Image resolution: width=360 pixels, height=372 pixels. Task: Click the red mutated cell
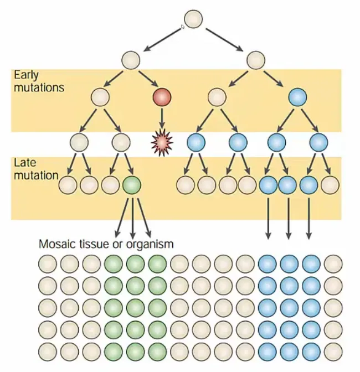(162, 97)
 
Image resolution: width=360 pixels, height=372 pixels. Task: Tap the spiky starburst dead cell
(162, 143)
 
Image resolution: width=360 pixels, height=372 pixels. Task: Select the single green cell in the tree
(132, 185)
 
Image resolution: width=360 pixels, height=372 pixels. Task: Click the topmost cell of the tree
(193, 19)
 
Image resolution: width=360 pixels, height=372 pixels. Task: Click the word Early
(26, 75)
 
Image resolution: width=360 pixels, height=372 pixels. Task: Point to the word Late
(25, 163)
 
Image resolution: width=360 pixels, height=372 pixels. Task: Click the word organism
(150, 245)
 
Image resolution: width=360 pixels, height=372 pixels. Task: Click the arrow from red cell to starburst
(162, 118)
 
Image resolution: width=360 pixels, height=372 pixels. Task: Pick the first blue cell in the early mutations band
(297, 97)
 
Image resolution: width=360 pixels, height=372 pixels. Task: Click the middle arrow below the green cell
(133, 218)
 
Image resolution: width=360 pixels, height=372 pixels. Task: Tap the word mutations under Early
(39, 87)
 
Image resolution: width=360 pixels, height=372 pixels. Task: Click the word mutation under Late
(36, 175)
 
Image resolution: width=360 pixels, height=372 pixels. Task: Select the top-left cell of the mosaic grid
(48, 264)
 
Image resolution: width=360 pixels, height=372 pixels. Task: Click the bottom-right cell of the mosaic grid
(333, 352)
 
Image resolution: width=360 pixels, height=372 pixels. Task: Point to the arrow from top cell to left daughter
(163, 40)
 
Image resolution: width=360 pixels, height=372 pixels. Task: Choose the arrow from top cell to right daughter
(224, 40)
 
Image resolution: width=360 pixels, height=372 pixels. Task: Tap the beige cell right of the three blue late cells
(330, 185)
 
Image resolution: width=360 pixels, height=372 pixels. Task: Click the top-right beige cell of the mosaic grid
(333, 264)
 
